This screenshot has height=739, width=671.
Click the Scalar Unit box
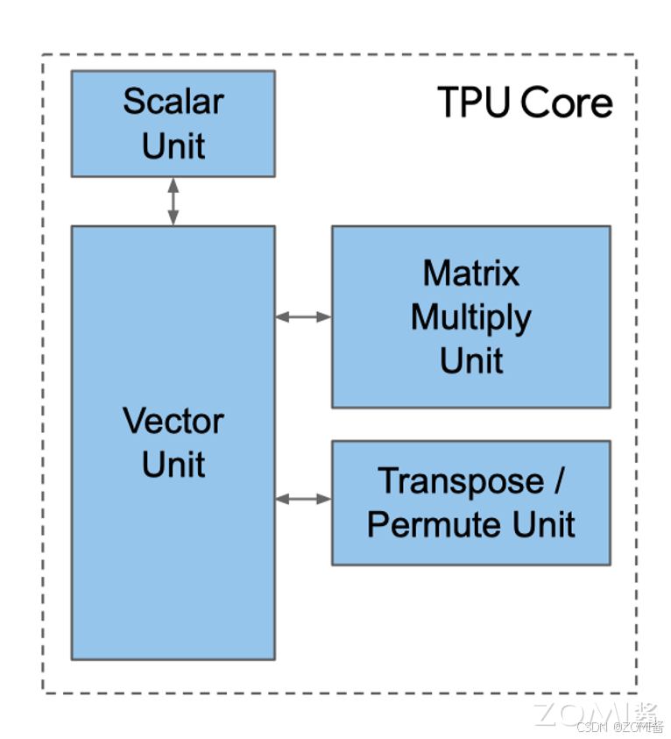click(x=173, y=124)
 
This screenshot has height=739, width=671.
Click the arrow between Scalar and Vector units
click(x=173, y=201)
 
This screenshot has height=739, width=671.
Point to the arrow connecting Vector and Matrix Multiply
click(x=303, y=316)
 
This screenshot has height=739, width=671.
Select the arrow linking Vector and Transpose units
click(x=303, y=499)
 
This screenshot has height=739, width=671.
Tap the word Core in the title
click(x=567, y=103)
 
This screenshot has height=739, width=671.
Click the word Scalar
click(x=173, y=101)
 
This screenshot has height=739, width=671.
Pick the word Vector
click(x=173, y=421)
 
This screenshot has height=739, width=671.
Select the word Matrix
click(x=471, y=273)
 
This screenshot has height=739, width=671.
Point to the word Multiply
click(x=471, y=317)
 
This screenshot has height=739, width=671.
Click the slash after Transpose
click(x=558, y=480)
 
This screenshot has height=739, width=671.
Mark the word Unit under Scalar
click(x=173, y=146)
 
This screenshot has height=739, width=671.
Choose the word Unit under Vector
click(x=173, y=465)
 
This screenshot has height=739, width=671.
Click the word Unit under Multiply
click(x=471, y=360)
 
